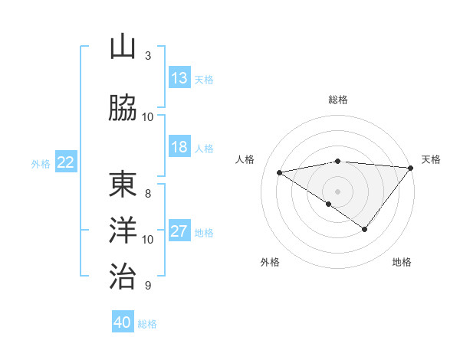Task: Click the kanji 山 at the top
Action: click(123, 47)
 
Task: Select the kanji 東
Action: click(123, 185)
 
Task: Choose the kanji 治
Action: click(123, 274)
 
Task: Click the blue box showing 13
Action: click(179, 78)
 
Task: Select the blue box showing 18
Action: click(179, 147)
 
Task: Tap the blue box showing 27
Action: click(179, 231)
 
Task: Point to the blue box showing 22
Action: click(66, 162)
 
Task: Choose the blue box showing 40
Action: click(123, 322)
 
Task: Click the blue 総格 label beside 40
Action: click(147, 324)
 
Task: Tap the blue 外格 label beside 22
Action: click(40, 163)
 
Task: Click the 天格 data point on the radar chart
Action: click(411, 168)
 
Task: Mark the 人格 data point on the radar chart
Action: click(280, 172)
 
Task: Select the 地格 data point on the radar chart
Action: click(365, 229)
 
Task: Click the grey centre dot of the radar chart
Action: click(337, 191)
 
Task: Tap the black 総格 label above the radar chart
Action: click(337, 100)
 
